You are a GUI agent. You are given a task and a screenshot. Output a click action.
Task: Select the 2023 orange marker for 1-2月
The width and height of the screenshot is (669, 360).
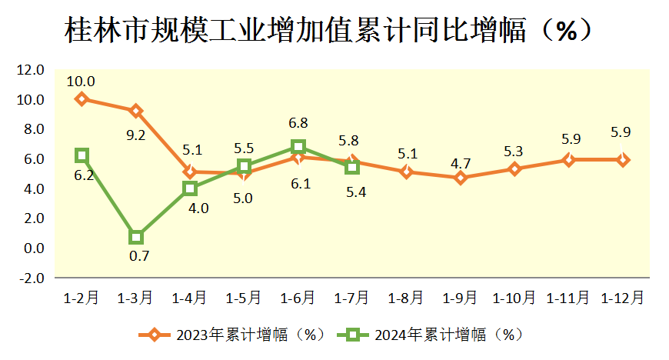click(x=82, y=98)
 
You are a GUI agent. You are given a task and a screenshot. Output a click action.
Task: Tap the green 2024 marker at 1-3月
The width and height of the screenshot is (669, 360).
click(x=136, y=237)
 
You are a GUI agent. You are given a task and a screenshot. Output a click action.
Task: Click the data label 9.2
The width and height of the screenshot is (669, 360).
click(x=136, y=135)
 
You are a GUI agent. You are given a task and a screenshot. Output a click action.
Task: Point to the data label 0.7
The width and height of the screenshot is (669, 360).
click(x=139, y=256)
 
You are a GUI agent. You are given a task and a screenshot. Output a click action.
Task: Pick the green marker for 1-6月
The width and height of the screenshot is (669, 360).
click(x=298, y=147)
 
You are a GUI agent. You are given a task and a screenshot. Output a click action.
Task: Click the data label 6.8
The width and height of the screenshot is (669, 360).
click(x=298, y=123)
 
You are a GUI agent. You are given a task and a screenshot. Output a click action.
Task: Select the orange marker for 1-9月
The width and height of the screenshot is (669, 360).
click(x=461, y=178)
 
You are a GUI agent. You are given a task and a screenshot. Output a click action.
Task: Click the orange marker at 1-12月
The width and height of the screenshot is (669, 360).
click(x=623, y=160)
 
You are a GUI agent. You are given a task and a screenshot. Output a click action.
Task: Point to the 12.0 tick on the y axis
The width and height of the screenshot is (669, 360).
click(x=31, y=70)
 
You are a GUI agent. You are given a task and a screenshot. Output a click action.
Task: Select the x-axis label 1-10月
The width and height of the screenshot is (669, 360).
click(x=514, y=297)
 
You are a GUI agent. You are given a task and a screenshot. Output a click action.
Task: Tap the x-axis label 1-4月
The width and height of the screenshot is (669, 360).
click(x=189, y=297)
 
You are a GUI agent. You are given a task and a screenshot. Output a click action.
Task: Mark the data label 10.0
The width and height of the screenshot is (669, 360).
click(x=81, y=81)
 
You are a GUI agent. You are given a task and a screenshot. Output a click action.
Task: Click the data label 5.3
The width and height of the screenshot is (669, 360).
click(x=514, y=152)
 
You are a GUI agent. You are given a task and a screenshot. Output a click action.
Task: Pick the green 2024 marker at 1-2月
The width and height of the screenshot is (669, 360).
click(x=82, y=155)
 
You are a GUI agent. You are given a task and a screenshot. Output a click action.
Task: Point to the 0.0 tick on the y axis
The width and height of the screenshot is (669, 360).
click(x=32, y=248)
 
